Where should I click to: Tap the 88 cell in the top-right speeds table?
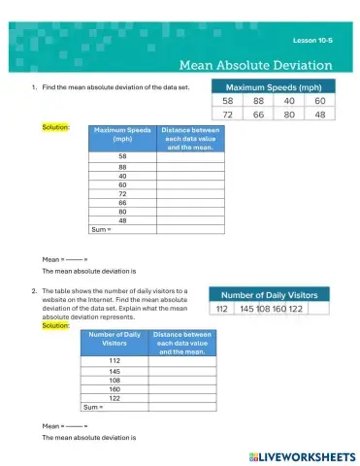pyautogui.click(x=258, y=100)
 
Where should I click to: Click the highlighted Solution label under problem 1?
pyautogui.click(x=54, y=127)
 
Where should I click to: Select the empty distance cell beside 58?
pyautogui.click(x=190, y=155)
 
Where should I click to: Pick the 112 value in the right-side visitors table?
pyautogui.click(x=222, y=309)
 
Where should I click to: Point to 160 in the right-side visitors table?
pyautogui.click(x=279, y=309)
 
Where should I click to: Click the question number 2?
pyautogui.click(x=33, y=290)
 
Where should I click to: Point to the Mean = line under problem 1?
pyautogui.click(x=65, y=260)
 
